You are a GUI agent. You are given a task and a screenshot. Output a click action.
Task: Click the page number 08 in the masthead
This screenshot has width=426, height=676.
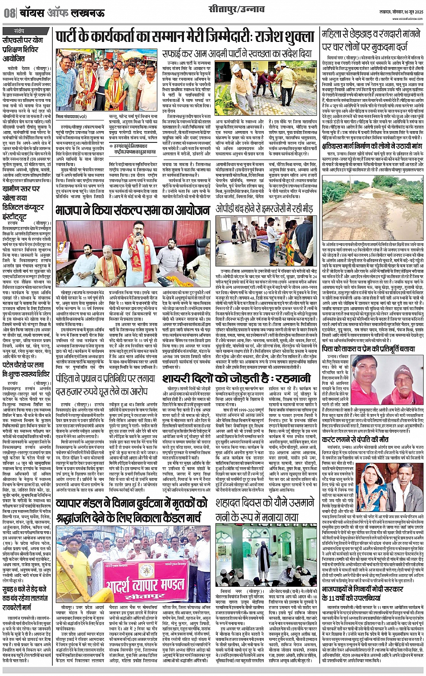tap(9, 13)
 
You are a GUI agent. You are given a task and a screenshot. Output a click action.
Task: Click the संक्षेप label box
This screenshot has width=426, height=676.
tap(19, 31)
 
